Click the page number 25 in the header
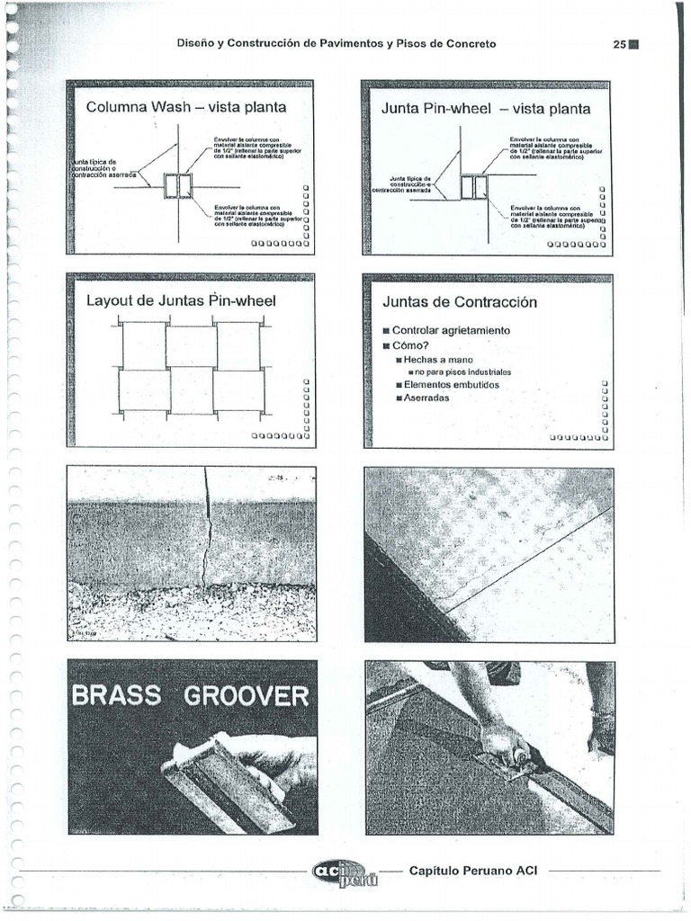pos(619,44)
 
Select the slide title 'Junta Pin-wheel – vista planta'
pos(486,109)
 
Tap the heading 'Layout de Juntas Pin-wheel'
pos(181,300)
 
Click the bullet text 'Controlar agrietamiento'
pos(451,330)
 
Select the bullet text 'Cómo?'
pos(411,345)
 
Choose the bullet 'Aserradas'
pos(426,398)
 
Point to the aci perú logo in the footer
pos(345,873)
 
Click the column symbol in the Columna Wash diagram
pos(178,186)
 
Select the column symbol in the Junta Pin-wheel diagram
pos(473,187)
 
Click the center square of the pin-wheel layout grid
pos(192,368)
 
